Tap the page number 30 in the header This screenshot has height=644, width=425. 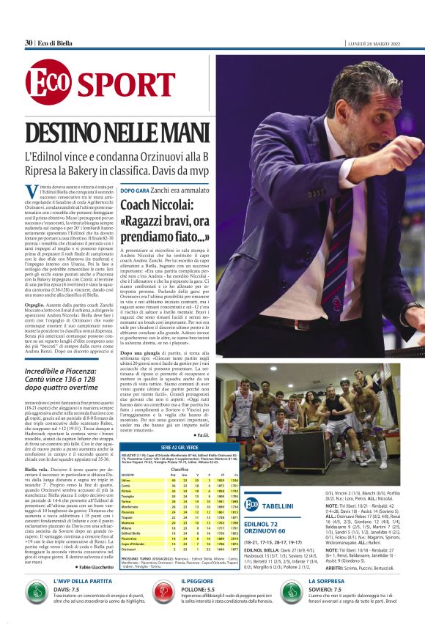[x=29, y=42]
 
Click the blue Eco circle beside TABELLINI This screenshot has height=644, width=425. [x=251, y=505]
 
